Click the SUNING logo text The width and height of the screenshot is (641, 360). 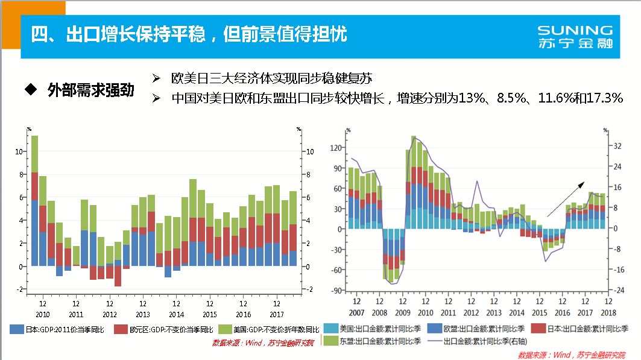point(575,30)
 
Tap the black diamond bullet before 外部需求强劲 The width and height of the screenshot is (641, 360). point(29,90)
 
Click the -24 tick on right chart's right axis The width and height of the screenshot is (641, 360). point(618,290)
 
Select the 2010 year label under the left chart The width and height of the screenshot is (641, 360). point(42,314)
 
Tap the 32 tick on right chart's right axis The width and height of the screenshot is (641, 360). point(617,146)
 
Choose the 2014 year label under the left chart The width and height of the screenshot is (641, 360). point(176,314)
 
